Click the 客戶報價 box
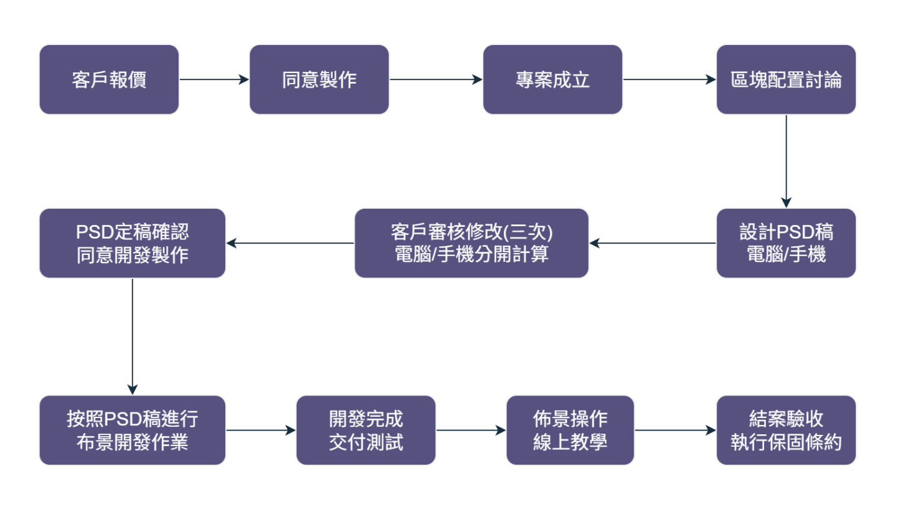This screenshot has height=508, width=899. pyautogui.click(x=109, y=79)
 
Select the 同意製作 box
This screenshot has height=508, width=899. pyautogui.click(x=319, y=79)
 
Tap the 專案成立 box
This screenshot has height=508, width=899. pyautogui.click(x=553, y=79)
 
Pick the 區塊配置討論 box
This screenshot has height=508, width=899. pyautogui.click(x=786, y=79)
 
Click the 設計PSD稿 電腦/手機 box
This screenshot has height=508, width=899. pyautogui.click(x=786, y=243)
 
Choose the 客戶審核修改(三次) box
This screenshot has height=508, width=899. pyautogui.click(x=471, y=243)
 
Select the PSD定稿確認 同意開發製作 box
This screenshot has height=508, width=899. pyautogui.click(x=132, y=243)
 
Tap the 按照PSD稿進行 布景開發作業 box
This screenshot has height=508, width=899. pyautogui.click(x=132, y=431)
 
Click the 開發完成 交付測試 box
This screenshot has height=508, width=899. pyautogui.click(x=366, y=431)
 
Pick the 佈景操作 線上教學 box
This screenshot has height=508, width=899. pyautogui.click(x=570, y=431)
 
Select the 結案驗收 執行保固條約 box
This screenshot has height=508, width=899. pyautogui.click(x=786, y=431)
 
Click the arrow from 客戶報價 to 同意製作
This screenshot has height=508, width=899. pyautogui.click(x=214, y=79)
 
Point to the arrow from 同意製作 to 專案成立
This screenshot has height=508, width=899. pyautogui.click(x=436, y=79)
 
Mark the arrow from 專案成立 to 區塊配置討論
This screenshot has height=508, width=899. pyautogui.click(x=669, y=79)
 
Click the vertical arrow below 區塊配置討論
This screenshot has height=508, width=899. pyautogui.click(x=786, y=161)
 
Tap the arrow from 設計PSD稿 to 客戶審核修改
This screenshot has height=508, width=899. pyautogui.click(x=652, y=243)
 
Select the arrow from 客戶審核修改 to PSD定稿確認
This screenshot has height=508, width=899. pyautogui.click(x=290, y=243)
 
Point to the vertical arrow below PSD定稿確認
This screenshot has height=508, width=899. pyautogui.click(x=132, y=336)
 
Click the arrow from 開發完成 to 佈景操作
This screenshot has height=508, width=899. pyautogui.click(x=471, y=431)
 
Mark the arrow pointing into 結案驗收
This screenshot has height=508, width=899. pyautogui.click(x=675, y=431)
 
